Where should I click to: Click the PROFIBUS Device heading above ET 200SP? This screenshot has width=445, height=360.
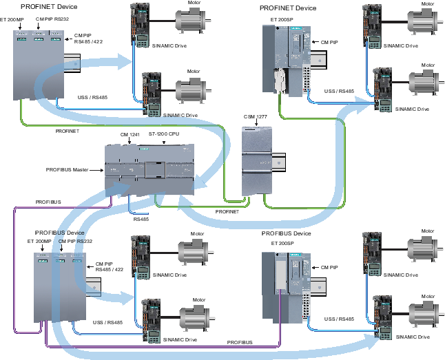click(286, 234)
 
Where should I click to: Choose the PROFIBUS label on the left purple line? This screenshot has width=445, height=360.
click(48, 202)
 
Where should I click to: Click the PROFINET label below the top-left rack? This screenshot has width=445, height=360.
click(67, 130)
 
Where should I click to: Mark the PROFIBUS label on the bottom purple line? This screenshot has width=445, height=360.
click(239, 342)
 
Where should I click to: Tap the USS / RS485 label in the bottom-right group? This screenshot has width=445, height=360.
click(338, 319)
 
